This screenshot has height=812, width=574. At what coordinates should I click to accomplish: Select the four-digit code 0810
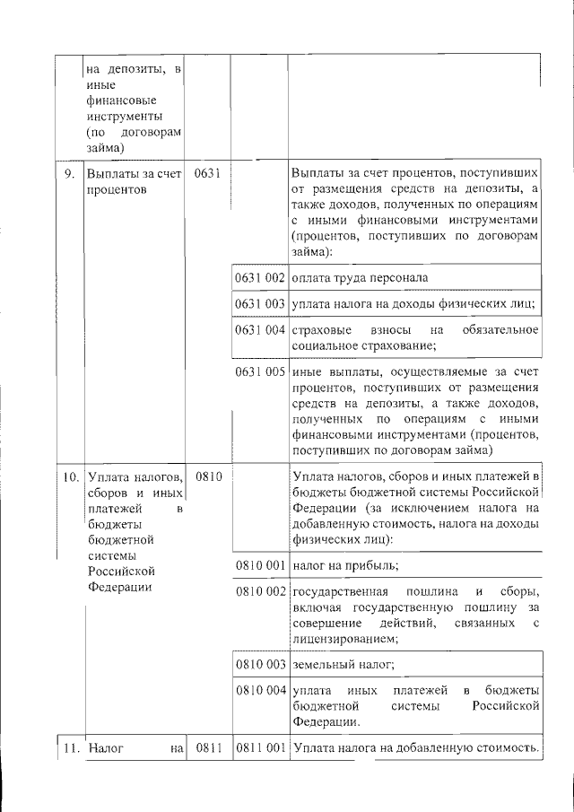coord(207,476)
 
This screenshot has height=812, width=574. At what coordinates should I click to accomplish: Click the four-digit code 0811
coord(207,747)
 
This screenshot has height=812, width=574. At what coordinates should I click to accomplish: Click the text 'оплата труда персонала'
coord(360,278)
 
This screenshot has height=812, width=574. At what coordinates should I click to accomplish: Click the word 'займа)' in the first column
coord(106,149)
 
